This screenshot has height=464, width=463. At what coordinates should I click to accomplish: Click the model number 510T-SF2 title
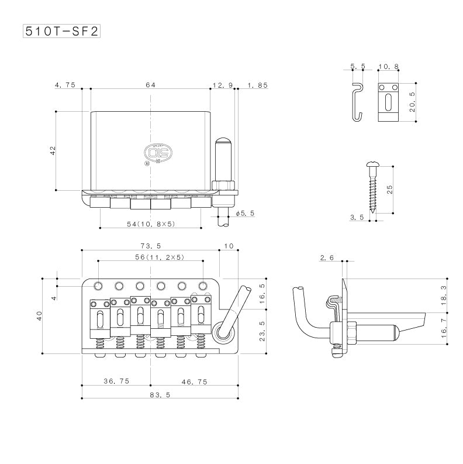61,30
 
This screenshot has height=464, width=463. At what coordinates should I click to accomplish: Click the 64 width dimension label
150,85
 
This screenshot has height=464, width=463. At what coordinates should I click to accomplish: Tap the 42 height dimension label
53,150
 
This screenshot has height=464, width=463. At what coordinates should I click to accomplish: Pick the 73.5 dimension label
150,246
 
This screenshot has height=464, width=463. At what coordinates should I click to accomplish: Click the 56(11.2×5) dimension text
151,257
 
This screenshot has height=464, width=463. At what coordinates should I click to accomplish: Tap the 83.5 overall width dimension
158,396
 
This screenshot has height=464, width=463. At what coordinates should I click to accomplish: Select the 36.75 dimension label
116,381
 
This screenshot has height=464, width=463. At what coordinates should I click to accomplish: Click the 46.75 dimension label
194,381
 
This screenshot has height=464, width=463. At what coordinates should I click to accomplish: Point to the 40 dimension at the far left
40,316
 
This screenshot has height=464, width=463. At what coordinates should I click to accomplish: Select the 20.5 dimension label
413,102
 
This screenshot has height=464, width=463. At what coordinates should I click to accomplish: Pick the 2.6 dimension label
327,257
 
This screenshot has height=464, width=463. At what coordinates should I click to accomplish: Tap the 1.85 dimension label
258,85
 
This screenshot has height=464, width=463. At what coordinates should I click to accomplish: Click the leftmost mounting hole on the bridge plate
98,286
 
